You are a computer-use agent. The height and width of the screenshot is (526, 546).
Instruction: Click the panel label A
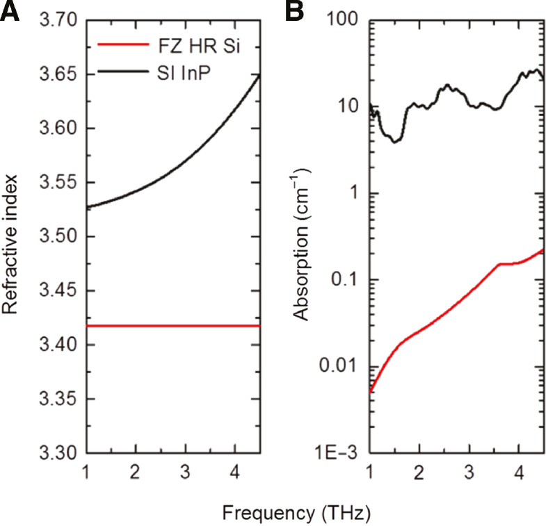[x=9, y=13]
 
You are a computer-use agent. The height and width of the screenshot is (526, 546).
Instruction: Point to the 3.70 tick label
[x=58, y=21]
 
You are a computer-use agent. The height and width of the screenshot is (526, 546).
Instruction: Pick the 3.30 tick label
[x=58, y=452]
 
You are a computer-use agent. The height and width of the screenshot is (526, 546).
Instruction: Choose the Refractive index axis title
[x=15, y=236]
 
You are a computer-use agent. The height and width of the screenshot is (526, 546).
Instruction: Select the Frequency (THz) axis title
[x=296, y=513]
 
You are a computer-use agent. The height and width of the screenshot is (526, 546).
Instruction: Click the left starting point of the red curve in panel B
[x=369, y=392]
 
